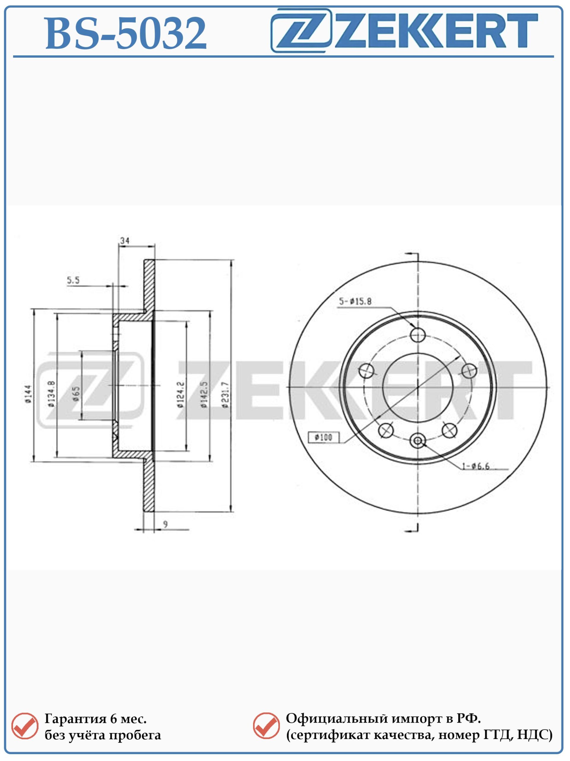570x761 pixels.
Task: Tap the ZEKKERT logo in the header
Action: tap(404, 31)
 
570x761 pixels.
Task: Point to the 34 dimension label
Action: tap(125, 240)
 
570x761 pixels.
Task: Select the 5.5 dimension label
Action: tap(73, 280)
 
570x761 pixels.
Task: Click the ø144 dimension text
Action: tap(28, 394)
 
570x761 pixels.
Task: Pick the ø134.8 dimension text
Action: tap(51, 394)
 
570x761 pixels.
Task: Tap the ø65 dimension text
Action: tap(76, 394)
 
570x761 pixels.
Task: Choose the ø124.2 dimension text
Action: tap(181, 394)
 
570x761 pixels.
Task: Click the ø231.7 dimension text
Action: tap(225, 394)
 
